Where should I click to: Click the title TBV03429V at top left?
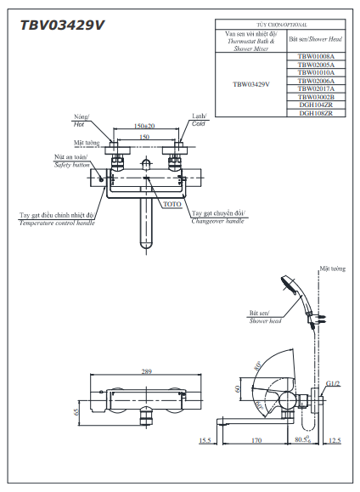62,24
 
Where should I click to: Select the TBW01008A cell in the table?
316,56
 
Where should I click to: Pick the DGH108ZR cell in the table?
316,113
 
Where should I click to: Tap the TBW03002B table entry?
316,97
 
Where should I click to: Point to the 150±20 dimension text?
144,125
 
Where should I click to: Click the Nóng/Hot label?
82,119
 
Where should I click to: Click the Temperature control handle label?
57,219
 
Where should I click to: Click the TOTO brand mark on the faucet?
172,205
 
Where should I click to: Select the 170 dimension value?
255,440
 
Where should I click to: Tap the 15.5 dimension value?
205,440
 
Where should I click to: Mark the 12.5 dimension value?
334,440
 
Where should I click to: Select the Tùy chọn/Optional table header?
280,26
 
